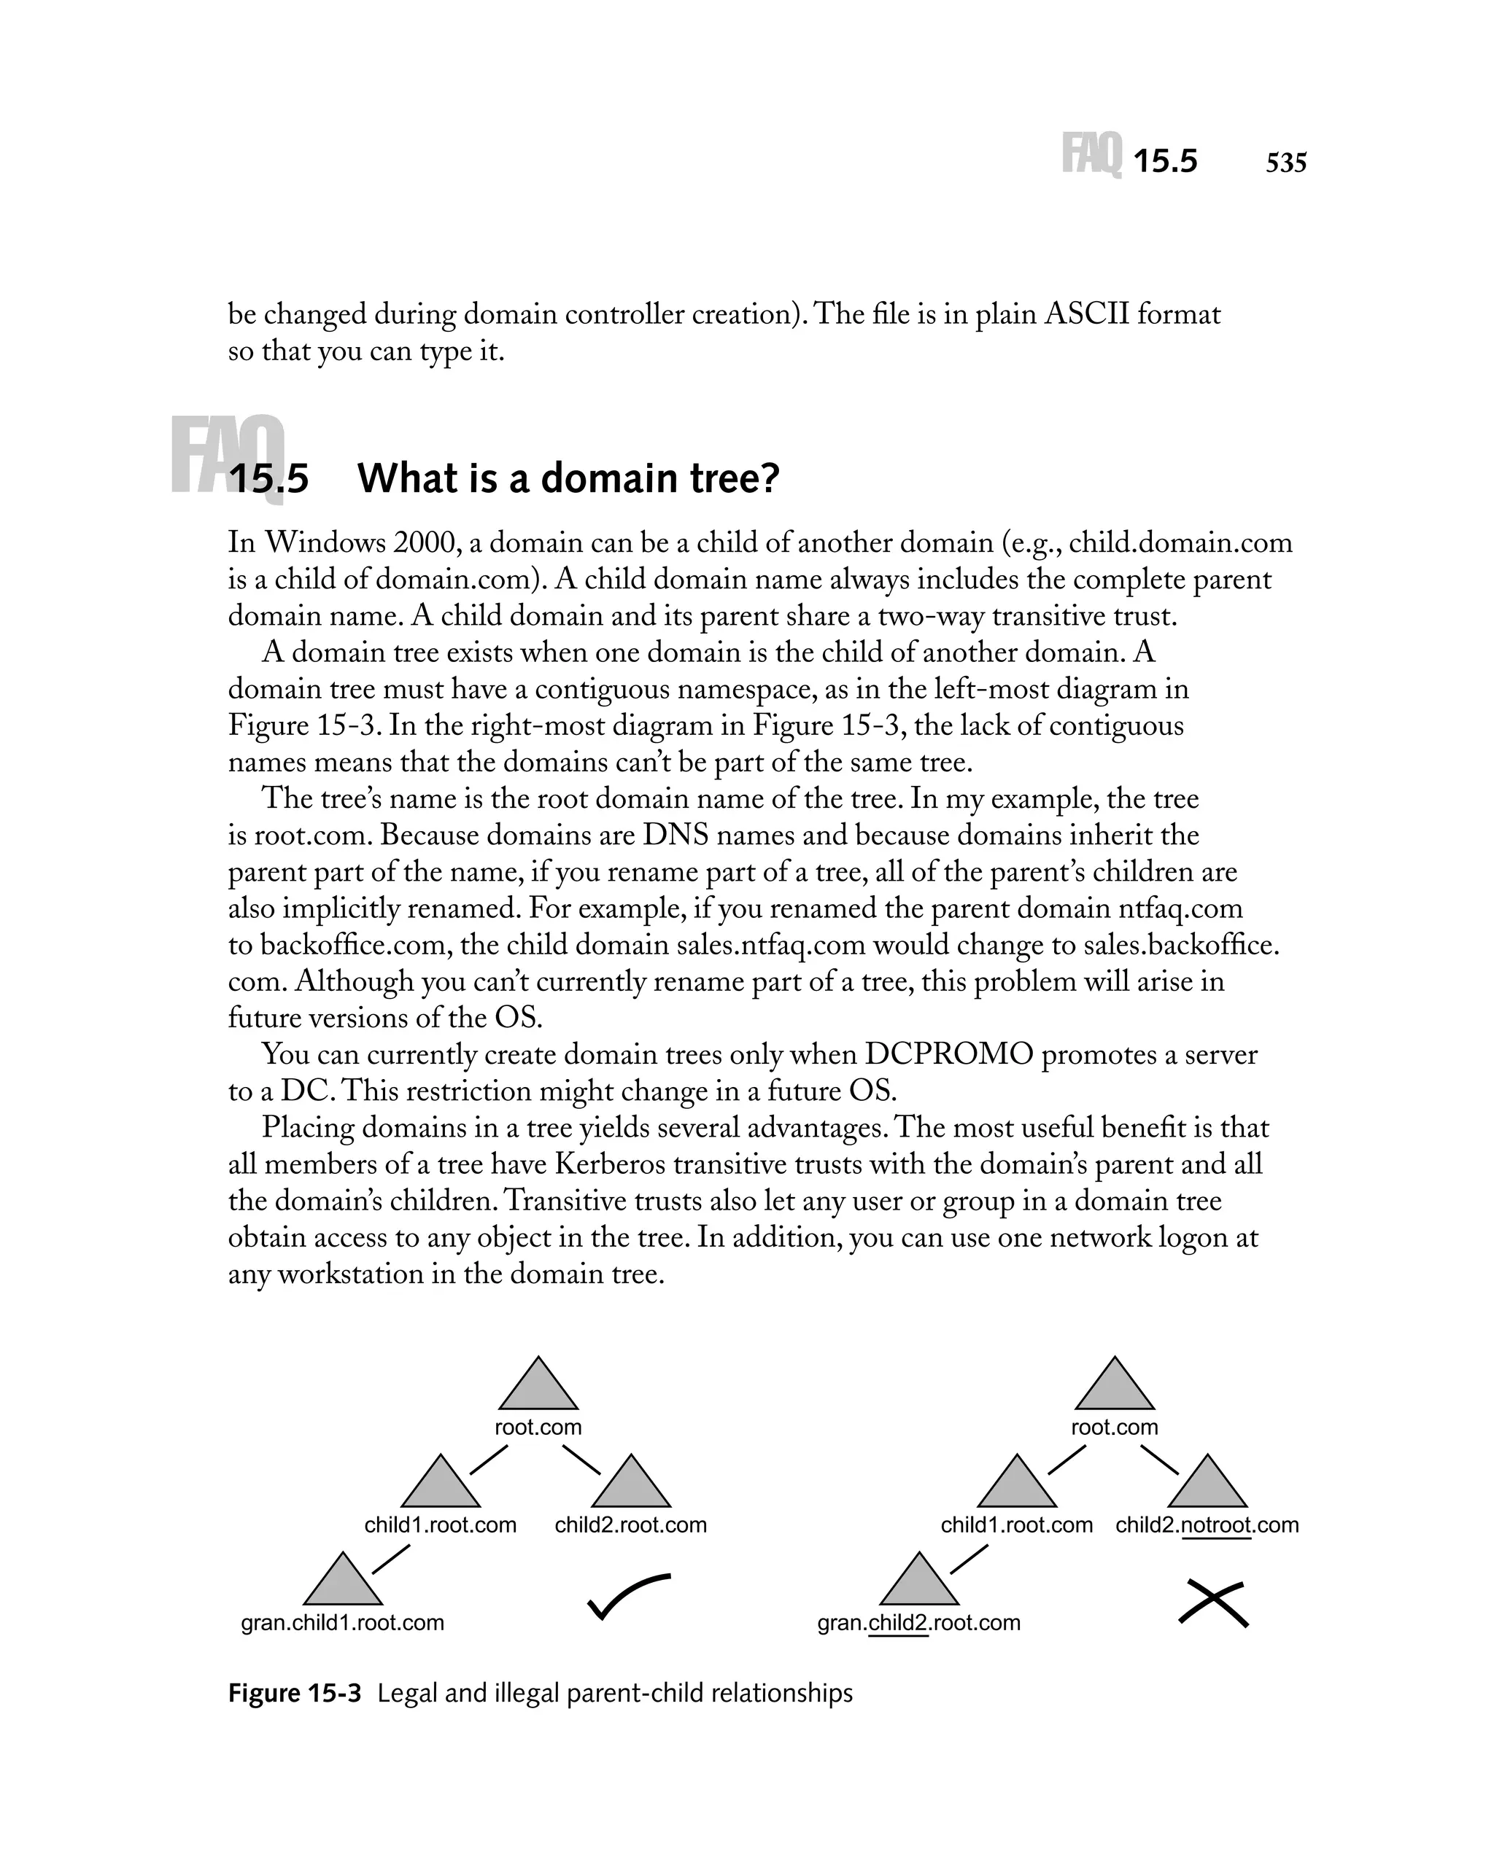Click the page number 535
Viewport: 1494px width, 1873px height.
(1285, 163)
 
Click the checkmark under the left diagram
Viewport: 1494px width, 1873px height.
(627, 1595)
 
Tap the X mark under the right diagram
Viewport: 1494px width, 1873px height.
(1212, 1603)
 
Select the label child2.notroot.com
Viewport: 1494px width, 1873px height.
(1207, 1525)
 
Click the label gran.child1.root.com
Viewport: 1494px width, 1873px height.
(342, 1623)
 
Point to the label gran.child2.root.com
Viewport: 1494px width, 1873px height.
(918, 1623)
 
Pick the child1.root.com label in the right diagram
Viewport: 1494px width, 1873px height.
(1016, 1525)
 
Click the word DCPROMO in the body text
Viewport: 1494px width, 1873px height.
(948, 1055)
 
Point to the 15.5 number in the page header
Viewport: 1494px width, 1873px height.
(1164, 163)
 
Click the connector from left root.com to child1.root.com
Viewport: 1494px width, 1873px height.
(489, 1460)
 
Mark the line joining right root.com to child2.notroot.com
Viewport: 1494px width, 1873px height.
(1158, 1460)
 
